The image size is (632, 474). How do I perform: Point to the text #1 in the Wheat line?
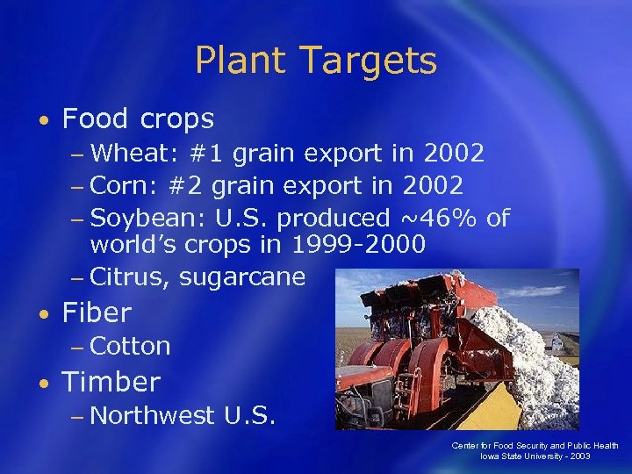205,154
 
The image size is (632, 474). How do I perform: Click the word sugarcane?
241,277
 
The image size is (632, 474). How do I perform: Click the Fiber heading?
97,312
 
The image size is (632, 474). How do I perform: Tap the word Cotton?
130,346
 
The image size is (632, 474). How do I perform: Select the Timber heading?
111,382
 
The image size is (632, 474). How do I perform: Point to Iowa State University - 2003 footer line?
535,456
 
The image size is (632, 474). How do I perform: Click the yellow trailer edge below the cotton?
492,413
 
